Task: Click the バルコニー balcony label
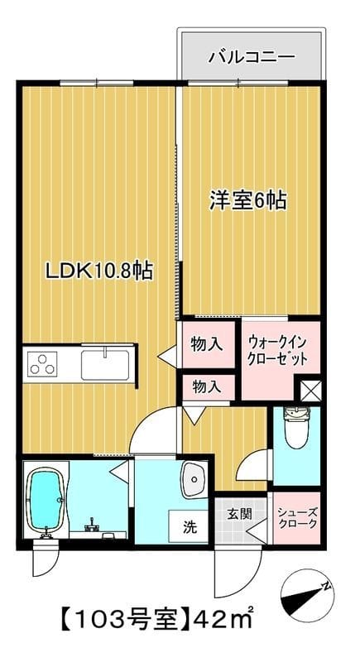(251, 57)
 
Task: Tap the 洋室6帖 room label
(247, 199)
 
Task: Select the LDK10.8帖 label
(99, 271)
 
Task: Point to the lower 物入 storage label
(207, 386)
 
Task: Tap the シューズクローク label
(294, 517)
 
